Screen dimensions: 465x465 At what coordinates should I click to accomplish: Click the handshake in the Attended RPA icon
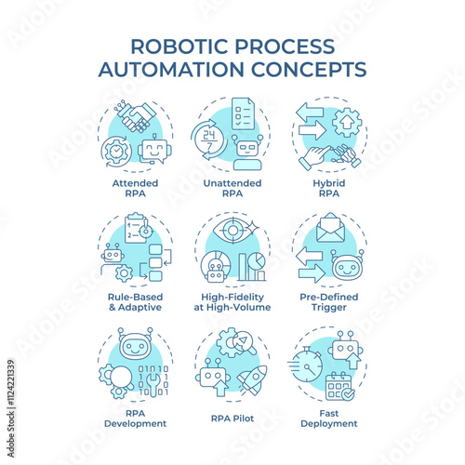coord(137,117)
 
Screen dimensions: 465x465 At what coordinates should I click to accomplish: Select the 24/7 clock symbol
coord(208,139)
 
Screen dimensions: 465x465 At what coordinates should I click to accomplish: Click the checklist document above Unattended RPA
coord(243,113)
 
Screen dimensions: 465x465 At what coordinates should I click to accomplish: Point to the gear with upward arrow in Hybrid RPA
coord(347,122)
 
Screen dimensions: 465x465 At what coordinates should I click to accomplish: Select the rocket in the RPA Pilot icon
coord(252,380)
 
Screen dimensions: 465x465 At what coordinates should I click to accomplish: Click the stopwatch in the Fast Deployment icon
coord(306,365)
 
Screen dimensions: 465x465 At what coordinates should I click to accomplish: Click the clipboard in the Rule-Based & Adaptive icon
coord(136,228)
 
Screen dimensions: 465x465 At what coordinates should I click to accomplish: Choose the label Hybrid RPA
coord(329,188)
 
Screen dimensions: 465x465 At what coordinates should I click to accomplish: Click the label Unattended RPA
coord(232,188)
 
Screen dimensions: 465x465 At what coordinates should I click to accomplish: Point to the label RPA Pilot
coord(232,418)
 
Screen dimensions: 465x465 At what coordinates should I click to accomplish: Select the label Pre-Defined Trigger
coord(329,302)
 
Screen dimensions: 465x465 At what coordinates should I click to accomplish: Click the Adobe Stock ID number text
coord(11,382)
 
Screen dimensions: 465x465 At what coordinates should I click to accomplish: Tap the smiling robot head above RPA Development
coord(135,344)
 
